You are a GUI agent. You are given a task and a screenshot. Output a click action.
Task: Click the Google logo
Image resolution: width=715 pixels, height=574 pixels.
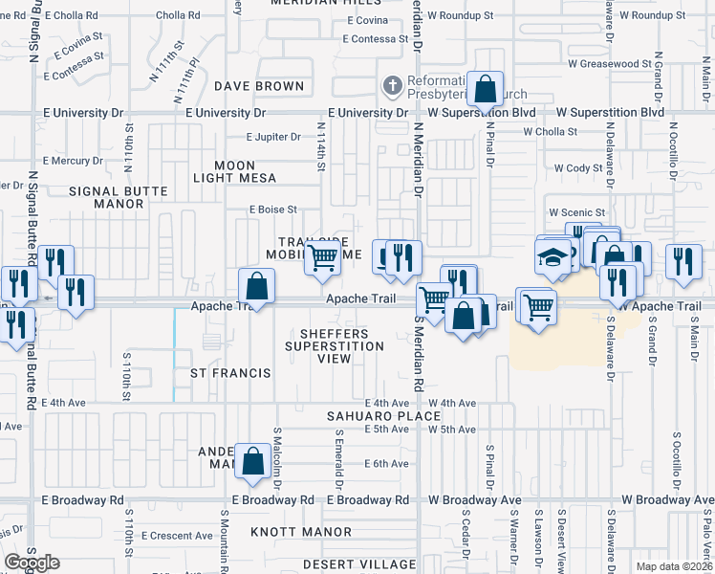tap(32, 563)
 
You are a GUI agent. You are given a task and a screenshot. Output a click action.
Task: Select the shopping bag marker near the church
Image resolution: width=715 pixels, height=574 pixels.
tap(486, 90)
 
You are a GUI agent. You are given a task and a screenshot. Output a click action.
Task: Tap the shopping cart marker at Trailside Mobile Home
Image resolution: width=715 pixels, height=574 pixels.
tap(323, 256)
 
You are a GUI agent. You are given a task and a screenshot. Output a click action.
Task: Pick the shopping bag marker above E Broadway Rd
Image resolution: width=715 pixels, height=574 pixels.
tap(252, 461)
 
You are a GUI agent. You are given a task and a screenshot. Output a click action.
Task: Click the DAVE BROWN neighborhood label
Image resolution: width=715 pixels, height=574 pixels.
tap(258, 86)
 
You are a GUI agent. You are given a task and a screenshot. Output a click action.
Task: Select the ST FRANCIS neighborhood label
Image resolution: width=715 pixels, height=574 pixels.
tap(230, 372)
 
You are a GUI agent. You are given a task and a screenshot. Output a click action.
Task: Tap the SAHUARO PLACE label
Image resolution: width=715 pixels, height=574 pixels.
tap(383, 416)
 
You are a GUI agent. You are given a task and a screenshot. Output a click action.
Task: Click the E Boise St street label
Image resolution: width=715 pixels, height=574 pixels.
tap(273, 210)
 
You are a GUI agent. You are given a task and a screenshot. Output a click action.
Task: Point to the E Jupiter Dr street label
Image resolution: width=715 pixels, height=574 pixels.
tap(273, 137)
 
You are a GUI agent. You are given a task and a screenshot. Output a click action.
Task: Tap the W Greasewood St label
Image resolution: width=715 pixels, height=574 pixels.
tap(609, 64)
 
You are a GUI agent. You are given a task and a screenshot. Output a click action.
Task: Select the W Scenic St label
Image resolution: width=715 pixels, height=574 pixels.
tap(577, 212)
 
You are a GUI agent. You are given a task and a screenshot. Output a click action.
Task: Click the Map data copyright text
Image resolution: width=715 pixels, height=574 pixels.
tap(674, 566)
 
